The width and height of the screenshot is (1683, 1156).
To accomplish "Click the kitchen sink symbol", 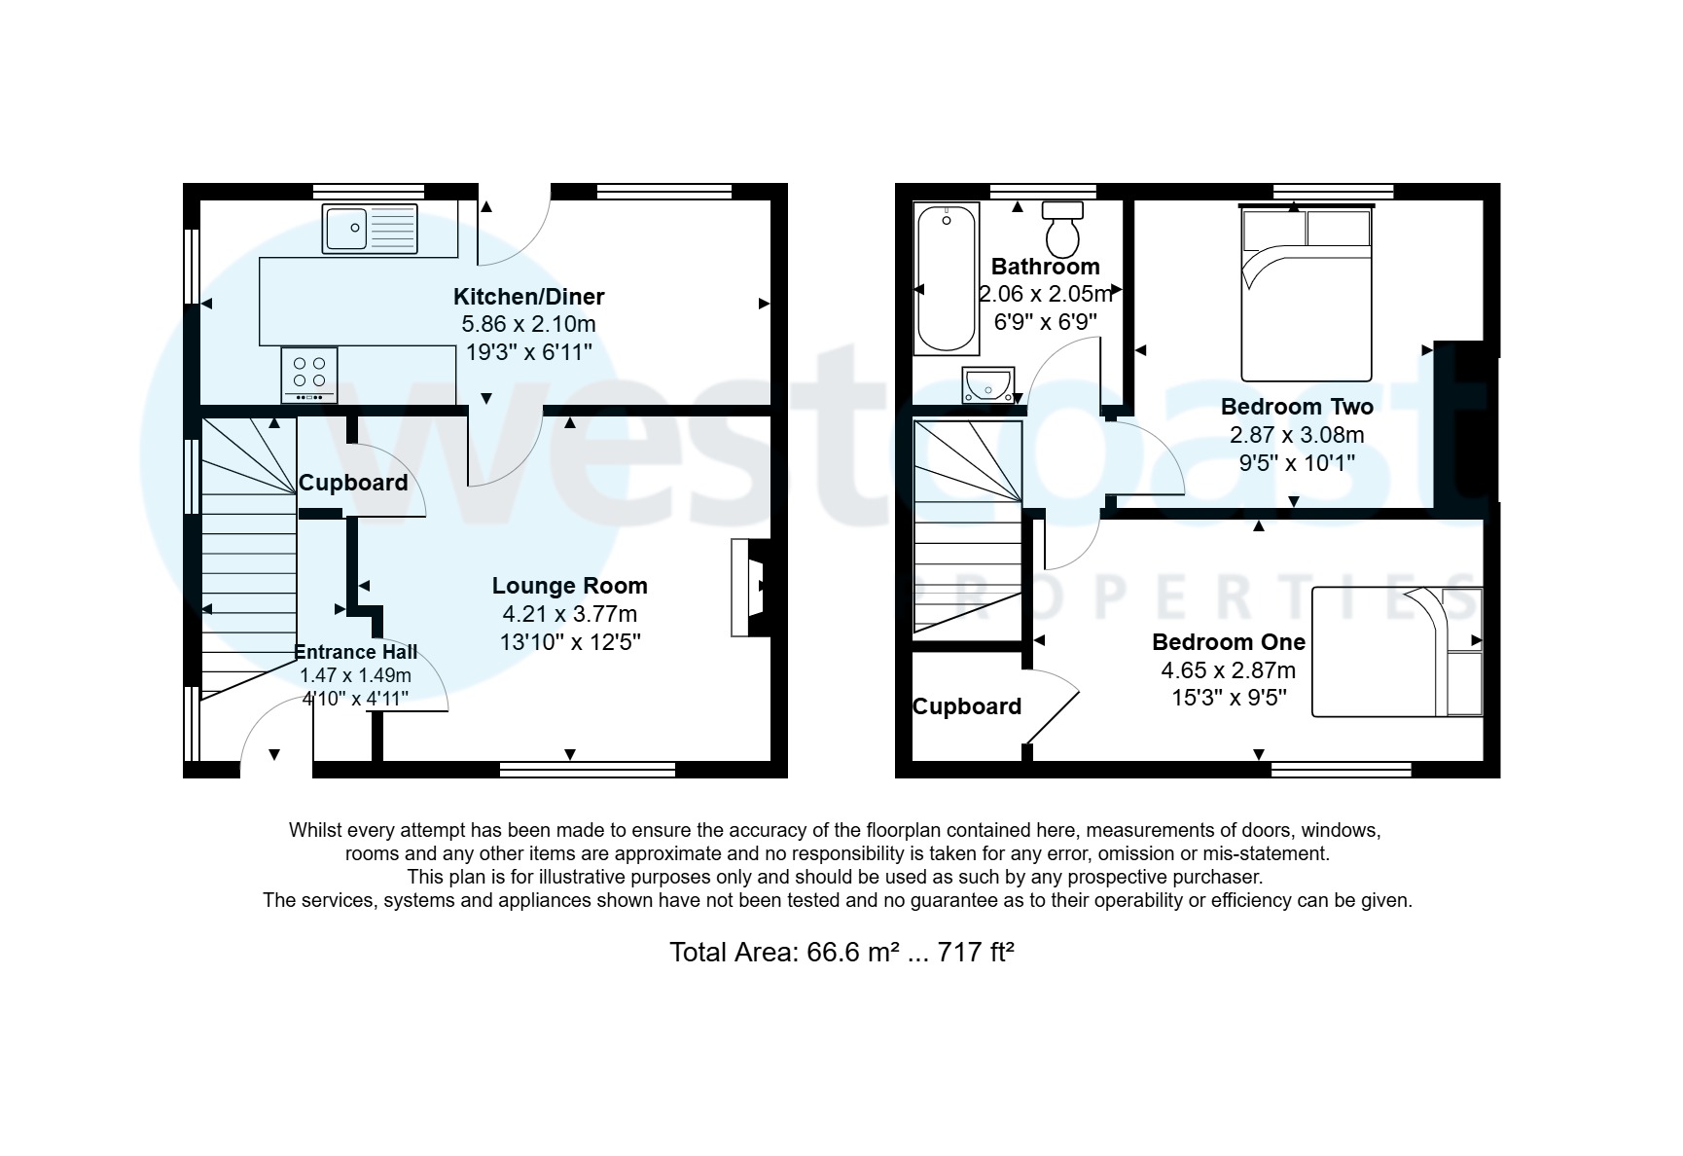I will tap(370, 229).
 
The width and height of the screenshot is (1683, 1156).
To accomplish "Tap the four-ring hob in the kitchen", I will tap(309, 374).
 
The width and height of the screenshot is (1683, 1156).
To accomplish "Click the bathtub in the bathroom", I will tap(947, 279).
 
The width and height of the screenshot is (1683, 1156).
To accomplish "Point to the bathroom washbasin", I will tap(987, 385).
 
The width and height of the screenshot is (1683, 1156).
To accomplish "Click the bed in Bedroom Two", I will tap(1306, 295).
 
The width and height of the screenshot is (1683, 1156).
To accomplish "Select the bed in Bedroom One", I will tap(1396, 652).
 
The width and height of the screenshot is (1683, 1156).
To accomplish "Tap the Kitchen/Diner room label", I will tap(528, 297).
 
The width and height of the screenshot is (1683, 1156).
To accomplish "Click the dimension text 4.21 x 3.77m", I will tap(569, 614).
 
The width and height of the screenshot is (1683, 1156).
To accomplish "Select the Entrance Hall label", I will tap(355, 652).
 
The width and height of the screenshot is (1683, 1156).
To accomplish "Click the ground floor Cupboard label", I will tap(353, 483).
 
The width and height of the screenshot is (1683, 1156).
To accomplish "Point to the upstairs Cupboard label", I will tap(966, 706).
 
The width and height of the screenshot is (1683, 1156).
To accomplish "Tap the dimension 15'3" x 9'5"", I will tap(1229, 698).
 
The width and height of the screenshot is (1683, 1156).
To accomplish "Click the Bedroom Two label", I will tap(1297, 407).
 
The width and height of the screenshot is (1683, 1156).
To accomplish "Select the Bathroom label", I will tap(1045, 267).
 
